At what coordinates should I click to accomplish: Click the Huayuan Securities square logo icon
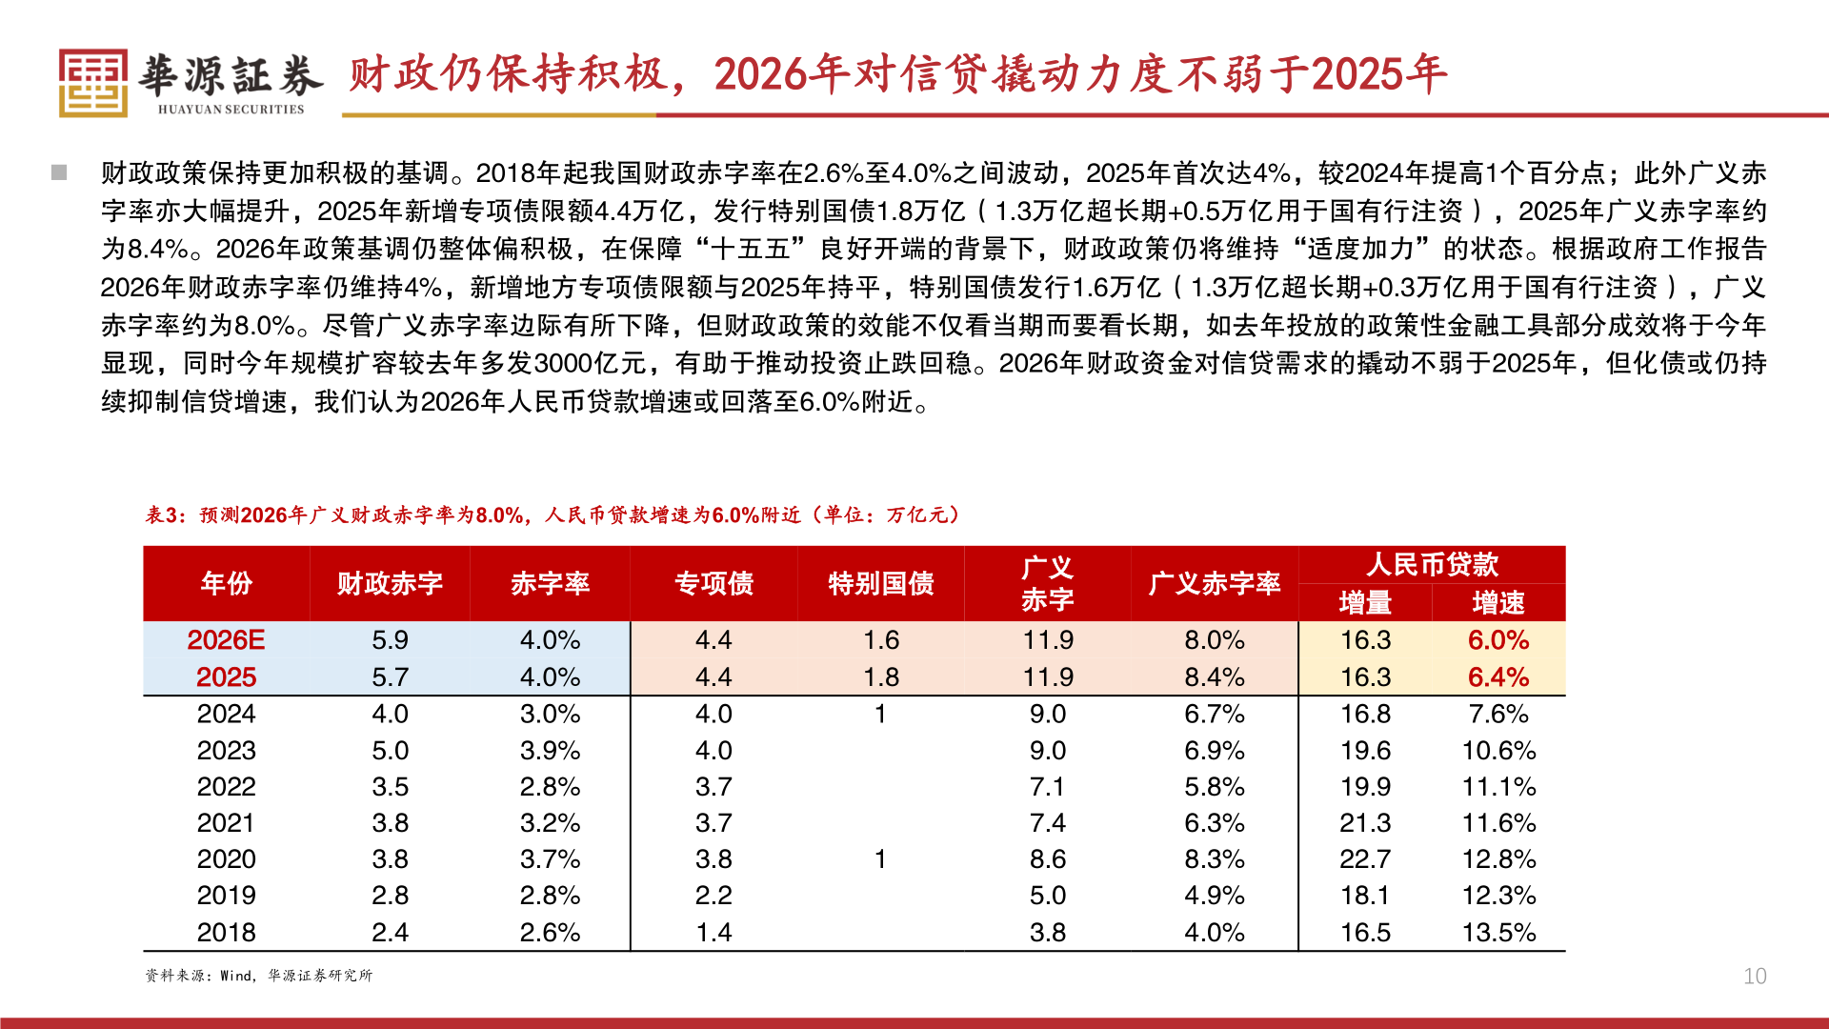[x=92, y=83]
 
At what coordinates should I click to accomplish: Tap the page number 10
[x=1755, y=976]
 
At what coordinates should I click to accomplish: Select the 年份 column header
[x=227, y=583]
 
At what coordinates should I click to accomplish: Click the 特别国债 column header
[x=881, y=583]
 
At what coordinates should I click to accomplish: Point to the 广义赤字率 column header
[x=1215, y=583]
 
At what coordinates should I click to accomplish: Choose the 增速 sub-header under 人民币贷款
[x=1498, y=602]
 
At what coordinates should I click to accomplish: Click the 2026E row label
[x=227, y=640]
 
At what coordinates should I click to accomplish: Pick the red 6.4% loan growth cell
[x=1498, y=677]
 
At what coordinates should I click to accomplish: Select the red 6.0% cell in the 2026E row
[x=1498, y=640]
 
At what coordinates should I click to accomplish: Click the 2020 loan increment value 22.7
[x=1365, y=859]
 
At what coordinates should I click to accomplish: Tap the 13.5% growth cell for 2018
[x=1498, y=933]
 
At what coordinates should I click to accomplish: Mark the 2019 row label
[x=227, y=896]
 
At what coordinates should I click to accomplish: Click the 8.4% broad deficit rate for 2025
[x=1215, y=677]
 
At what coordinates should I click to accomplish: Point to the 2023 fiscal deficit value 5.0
[x=390, y=751]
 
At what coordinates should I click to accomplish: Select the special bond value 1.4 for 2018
[x=714, y=933]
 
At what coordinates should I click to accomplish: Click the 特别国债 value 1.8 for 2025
[x=881, y=677]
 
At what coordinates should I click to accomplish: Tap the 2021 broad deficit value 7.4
[x=1048, y=823]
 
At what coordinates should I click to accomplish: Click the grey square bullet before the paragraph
[x=59, y=172]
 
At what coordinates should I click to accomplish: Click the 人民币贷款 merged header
[x=1432, y=564]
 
